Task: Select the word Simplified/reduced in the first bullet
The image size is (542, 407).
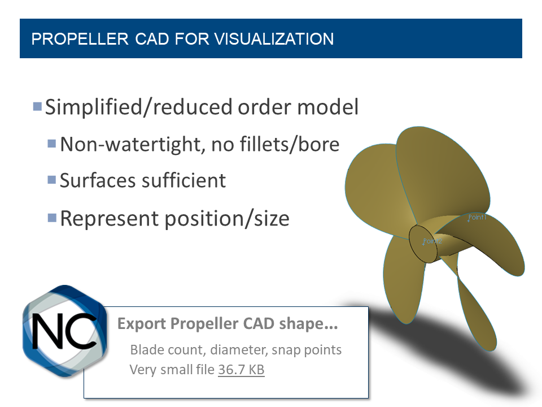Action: (138, 107)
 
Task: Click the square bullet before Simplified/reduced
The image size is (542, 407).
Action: (38, 106)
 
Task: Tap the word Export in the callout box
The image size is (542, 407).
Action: (135, 325)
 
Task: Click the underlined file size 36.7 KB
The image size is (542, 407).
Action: (241, 370)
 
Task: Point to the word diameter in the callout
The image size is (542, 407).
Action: (241, 350)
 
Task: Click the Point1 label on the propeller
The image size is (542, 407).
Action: (477, 218)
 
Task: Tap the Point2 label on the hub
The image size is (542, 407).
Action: (432, 241)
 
